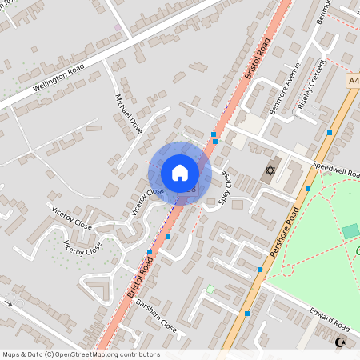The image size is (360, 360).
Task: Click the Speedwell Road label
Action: [336, 169]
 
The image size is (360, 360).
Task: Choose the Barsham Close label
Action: [156, 316]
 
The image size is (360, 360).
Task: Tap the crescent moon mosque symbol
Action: [342, 342]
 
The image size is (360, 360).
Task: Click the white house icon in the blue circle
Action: [179, 173]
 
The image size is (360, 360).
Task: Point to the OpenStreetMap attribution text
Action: [81, 354]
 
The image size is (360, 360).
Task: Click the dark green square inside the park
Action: [350, 231]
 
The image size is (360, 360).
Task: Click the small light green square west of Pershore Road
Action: [210, 289]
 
